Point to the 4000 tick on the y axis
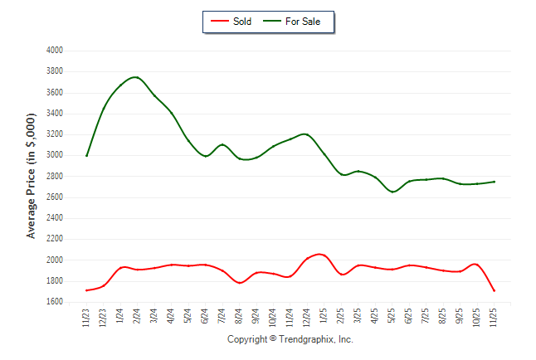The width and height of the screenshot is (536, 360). [55, 51]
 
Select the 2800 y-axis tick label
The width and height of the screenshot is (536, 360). [55, 177]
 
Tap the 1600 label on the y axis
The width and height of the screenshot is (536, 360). [55, 303]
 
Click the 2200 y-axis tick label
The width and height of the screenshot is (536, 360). [55, 240]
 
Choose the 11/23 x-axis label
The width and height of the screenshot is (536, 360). [86, 319]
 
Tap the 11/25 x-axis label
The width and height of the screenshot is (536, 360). [495, 319]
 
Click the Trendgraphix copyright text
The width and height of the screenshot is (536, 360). [290, 339]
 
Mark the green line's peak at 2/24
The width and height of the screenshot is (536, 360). [136, 77]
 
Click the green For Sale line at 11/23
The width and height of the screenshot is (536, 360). [86, 156]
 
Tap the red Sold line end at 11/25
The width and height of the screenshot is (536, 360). [495, 291]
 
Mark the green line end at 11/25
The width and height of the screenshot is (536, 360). [495, 182]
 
